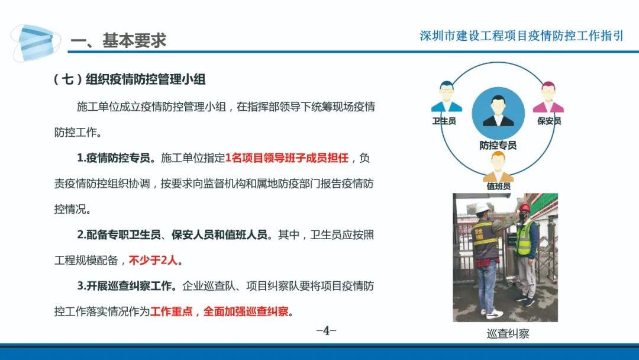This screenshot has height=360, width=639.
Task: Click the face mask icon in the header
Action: pyautogui.click(x=35, y=42)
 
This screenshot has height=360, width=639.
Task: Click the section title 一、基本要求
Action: pyautogui.click(x=118, y=40)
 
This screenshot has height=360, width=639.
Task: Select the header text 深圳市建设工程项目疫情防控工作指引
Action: pyautogui.click(x=521, y=36)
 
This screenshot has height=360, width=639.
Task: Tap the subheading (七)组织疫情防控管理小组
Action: pyautogui.click(x=130, y=79)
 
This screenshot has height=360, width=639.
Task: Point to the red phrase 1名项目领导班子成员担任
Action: pyautogui.click(x=287, y=157)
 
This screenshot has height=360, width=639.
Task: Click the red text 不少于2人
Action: pyautogui.click(x=153, y=260)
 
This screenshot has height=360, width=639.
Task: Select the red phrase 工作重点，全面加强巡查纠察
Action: pyautogui.click(x=220, y=311)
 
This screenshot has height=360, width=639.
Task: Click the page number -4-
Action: pyautogui.click(x=327, y=330)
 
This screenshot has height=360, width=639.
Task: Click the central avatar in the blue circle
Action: pyautogui.click(x=498, y=113)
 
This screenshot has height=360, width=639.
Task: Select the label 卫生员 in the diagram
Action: pyautogui.click(x=444, y=121)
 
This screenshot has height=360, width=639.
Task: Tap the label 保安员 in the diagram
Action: pyautogui.click(x=549, y=121)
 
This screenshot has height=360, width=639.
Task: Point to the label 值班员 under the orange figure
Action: pyautogui.click(x=498, y=186)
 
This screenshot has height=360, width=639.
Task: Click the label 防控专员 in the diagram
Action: pyautogui.click(x=498, y=145)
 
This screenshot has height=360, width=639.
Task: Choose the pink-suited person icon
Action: pyautogui.click(x=548, y=97)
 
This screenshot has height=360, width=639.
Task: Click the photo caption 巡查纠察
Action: pyautogui.click(x=508, y=334)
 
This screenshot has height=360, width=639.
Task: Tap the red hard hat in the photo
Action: pyautogui.click(x=524, y=208)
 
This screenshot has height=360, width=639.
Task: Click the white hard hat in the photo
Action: pyautogui.click(x=483, y=207)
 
